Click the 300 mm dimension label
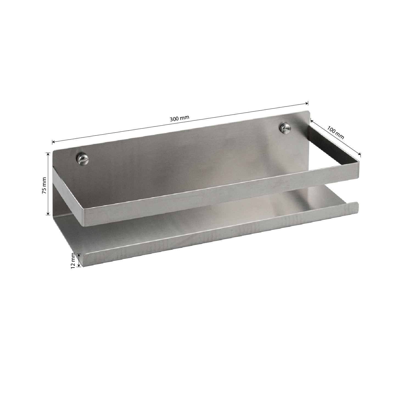pos(180,119)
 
